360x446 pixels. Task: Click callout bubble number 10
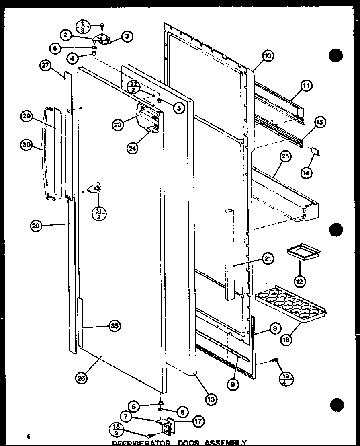pyautogui.click(x=267, y=57)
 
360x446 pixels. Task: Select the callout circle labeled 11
pyautogui.click(x=307, y=85)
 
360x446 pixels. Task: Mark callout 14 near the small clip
pyautogui.click(x=307, y=173)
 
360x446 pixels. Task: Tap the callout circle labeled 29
pyautogui.click(x=27, y=117)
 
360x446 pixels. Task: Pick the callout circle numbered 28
pyautogui.click(x=36, y=226)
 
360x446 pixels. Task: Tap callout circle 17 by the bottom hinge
pyautogui.click(x=197, y=421)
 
